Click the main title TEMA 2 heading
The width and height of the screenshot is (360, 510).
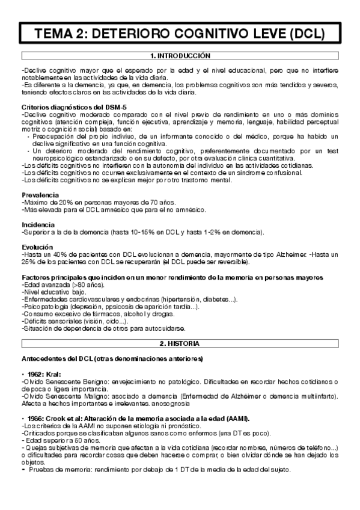180,32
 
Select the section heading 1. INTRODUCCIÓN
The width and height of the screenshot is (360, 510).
180,55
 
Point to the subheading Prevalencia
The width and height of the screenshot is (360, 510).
40,195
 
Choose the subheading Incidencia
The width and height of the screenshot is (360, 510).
38,224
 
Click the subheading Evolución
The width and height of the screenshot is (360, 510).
37,247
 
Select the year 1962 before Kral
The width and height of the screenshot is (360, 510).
35,373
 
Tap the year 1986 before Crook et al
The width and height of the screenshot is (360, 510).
35,419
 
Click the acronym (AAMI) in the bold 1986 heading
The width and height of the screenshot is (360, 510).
237,419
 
